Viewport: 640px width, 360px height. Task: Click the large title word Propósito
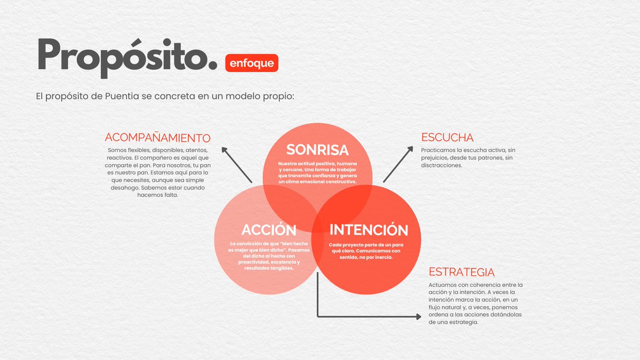click(127, 58)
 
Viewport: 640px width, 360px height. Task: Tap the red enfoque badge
click(252, 63)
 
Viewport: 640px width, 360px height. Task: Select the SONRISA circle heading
click(317, 150)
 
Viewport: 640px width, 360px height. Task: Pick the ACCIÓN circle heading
click(269, 230)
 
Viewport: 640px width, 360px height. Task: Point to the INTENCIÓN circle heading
click(369, 230)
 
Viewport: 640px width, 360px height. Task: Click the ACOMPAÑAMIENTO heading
click(158, 137)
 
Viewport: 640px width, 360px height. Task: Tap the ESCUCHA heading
click(447, 137)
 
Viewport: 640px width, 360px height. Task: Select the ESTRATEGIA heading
click(462, 272)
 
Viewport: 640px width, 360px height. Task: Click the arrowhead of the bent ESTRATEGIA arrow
click(418, 316)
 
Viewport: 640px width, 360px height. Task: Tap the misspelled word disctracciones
click(442, 165)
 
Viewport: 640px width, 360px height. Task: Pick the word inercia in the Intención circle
click(382, 257)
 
